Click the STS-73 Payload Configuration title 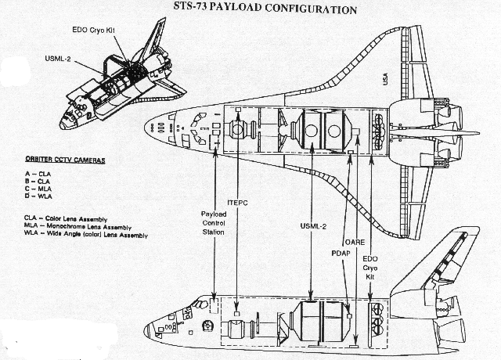[x=265, y=8]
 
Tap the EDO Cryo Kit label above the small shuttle [x=93, y=30]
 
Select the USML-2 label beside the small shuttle [x=57, y=59]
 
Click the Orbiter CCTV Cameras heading [x=65, y=160]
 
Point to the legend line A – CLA [x=38, y=174]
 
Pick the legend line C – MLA [x=38, y=189]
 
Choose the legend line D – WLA [x=38, y=196]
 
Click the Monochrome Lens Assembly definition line [x=77, y=227]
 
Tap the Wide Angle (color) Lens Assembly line [x=86, y=235]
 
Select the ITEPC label [x=237, y=203]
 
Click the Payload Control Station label [x=214, y=223]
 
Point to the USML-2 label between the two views [x=313, y=226]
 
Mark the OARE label [x=355, y=242]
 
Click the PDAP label [x=341, y=254]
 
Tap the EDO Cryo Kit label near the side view [x=370, y=268]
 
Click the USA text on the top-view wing [x=385, y=79]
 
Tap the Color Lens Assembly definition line [x=66, y=219]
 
